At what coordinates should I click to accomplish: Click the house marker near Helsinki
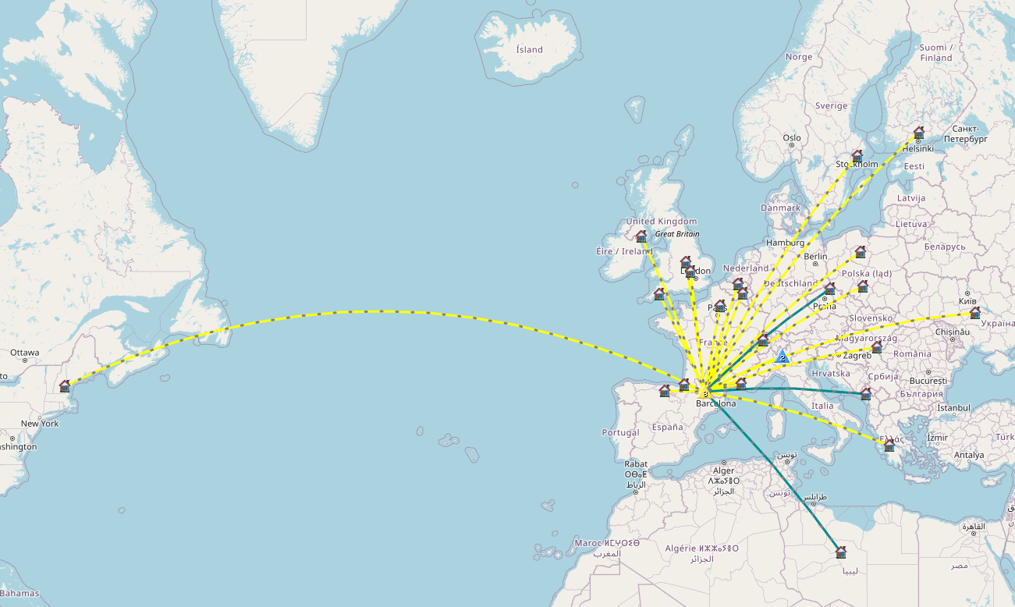click(x=919, y=133)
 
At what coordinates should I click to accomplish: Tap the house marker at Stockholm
click(x=857, y=156)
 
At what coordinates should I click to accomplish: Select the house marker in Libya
click(x=841, y=552)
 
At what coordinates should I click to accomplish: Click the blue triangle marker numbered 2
click(x=782, y=357)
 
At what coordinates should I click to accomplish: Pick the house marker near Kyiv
click(x=974, y=313)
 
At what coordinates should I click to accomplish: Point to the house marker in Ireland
click(x=641, y=236)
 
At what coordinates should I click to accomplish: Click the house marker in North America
click(x=65, y=386)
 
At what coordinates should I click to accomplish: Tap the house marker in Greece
click(x=889, y=445)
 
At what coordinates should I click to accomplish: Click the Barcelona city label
click(x=715, y=403)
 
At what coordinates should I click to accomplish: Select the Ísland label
click(x=529, y=50)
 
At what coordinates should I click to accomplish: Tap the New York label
click(x=40, y=424)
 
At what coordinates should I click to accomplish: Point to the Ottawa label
click(x=24, y=353)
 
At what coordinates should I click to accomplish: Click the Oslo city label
click(x=792, y=138)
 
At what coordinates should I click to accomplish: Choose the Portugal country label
click(x=620, y=432)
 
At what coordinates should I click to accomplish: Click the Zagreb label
click(x=857, y=356)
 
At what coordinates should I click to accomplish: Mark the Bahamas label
click(x=20, y=594)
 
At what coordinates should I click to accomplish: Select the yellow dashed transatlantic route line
click(x=390, y=311)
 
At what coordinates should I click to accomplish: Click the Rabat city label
click(x=635, y=462)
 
